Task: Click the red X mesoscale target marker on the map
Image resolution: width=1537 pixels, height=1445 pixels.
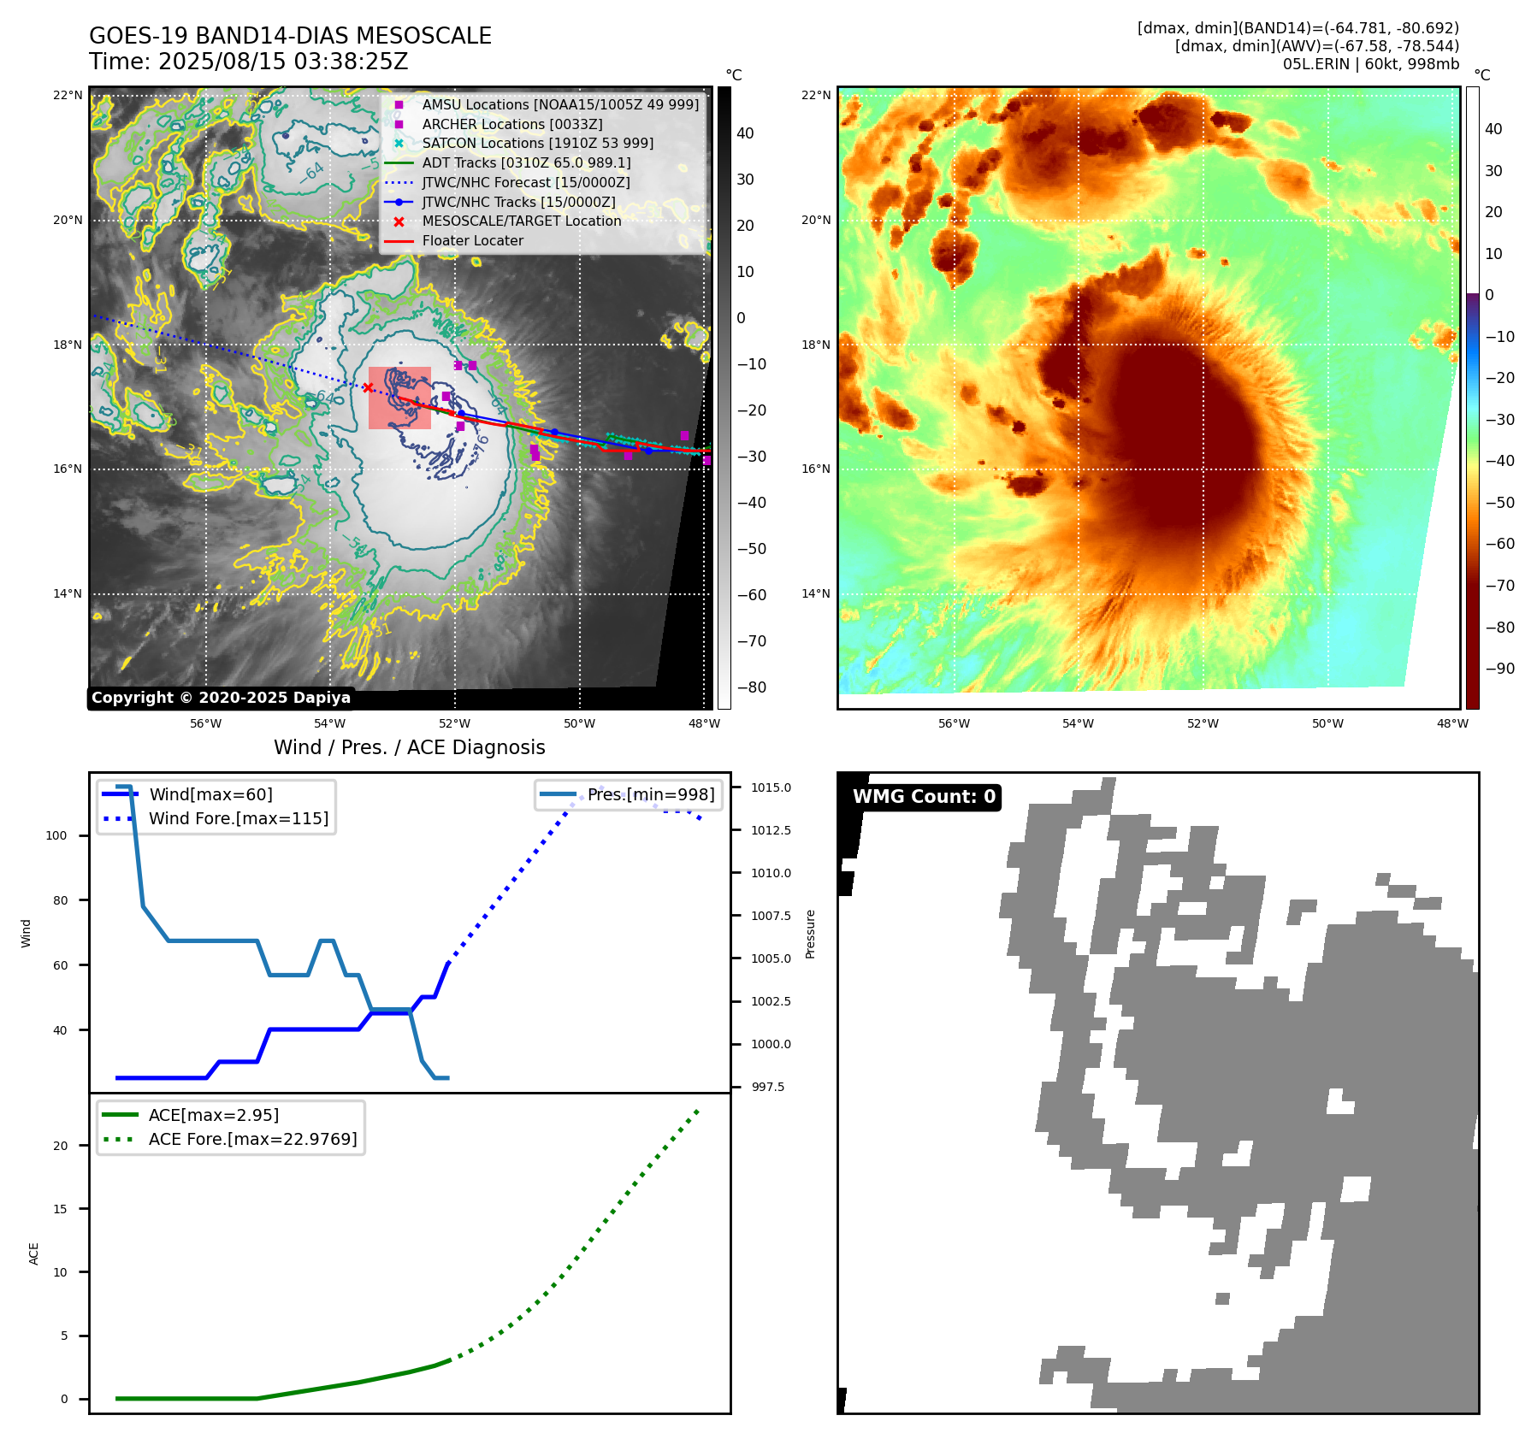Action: pyautogui.click(x=368, y=388)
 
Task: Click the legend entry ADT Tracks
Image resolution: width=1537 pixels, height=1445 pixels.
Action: pyautogui.click(x=526, y=162)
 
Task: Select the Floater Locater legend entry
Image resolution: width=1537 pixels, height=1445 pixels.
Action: pyautogui.click(x=472, y=241)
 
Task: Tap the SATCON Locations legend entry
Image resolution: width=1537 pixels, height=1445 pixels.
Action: pyautogui.click(x=537, y=143)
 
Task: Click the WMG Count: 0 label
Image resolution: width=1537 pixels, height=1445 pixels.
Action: pyautogui.click(x=924, y=797)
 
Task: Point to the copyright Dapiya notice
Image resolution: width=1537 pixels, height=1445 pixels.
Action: pyautogui.click(x=221, y=698)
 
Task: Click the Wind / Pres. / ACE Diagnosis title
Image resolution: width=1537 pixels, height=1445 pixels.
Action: pyautogui.click(x=409, y=747)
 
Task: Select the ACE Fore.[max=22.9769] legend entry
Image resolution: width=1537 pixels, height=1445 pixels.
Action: pyautogui.click(x=252, y=1139)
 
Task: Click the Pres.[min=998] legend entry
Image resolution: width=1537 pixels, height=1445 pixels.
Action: pyautogui.click(x=650, y=794)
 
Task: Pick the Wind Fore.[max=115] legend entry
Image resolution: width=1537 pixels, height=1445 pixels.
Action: pyautogui.click(x=239, y=818)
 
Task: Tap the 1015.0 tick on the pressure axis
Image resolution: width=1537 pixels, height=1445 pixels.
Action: pyautogui.click(x=771, y=787)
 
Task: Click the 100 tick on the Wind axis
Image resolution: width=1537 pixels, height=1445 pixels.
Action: pyautogui.click(x=56, y=835)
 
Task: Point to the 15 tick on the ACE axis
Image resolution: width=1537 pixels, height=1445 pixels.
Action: pyautogui.click(x=60, y=1209)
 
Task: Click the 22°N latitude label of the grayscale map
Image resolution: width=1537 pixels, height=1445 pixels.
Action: pyautogui.click(x=68, y=95)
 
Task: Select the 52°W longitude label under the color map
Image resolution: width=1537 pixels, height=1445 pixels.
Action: pyautogui.click(x=1203, y=723)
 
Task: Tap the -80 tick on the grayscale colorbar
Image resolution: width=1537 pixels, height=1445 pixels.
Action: pyautogui.click(x=751, y=687)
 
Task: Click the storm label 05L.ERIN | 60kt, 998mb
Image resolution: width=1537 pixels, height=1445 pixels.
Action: pyautogui.click(x=1370, y=64)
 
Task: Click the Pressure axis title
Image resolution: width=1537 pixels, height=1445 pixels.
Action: pyautogui.click(x=810, y=934)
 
